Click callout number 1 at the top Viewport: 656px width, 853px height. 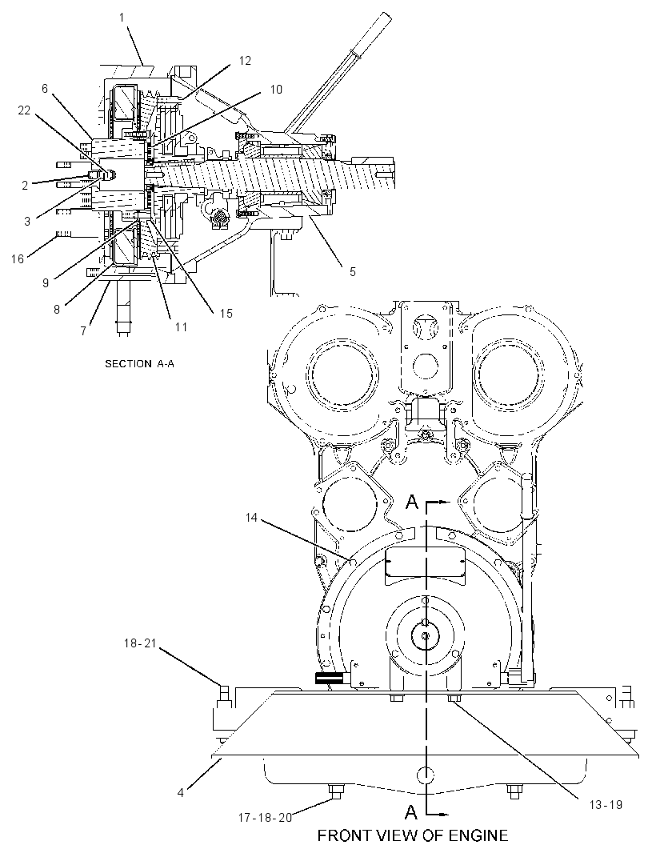coord(122,18)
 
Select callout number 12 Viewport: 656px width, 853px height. coord(246,61)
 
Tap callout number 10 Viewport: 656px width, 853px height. coord(276,89)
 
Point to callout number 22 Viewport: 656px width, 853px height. coord(24,110)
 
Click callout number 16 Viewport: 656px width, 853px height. coord(18,258)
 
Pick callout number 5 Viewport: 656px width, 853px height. coord(353,271)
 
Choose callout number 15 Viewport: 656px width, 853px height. coord(226,314)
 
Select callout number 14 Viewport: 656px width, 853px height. coord(250,518)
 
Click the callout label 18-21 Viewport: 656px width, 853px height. coord(140,643)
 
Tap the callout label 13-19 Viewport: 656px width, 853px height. coord(606,804)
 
